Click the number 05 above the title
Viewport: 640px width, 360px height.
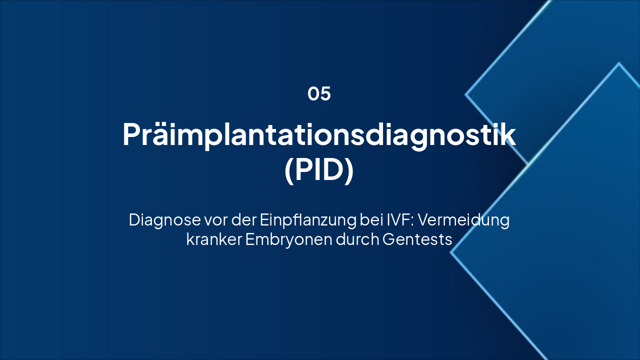319,94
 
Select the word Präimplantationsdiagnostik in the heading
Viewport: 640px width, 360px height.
319,134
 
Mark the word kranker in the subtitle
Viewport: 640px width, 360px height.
213,239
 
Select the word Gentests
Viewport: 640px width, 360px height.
417,239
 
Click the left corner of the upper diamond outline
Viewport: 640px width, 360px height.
466,94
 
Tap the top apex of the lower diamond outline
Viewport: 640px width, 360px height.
619,63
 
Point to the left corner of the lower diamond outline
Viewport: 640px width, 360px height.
451,253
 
